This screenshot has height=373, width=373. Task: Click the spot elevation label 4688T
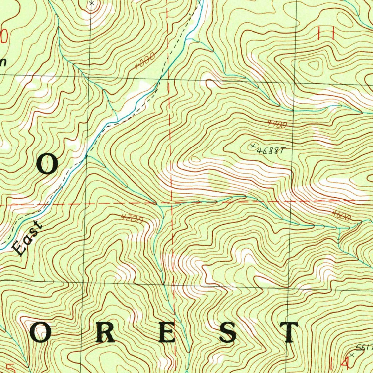(x=270, y=150)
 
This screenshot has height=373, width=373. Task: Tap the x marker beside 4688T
(x=252, y=146)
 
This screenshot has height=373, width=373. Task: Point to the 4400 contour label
(x=277, y=124)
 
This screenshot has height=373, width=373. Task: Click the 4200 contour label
(x=131, y=219)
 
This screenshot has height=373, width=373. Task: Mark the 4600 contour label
(x=342, y=216)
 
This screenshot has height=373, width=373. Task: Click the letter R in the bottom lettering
(x=106, y=333)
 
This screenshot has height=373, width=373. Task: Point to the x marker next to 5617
(x=352, y=354)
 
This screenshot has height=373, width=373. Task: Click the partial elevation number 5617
(x=364, y=348)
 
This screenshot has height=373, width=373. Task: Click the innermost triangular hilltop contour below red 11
(x=313, y=66)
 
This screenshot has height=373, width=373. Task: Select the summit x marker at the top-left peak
(x=91, y=3)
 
